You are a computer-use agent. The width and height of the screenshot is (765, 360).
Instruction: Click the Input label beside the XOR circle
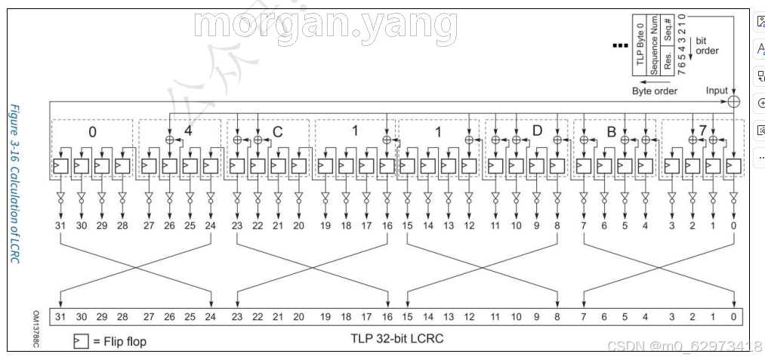click(716, 91)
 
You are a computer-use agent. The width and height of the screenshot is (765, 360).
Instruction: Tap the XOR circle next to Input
click(733, 101)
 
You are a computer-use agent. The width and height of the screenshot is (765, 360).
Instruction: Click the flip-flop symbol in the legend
click(82, 341)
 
